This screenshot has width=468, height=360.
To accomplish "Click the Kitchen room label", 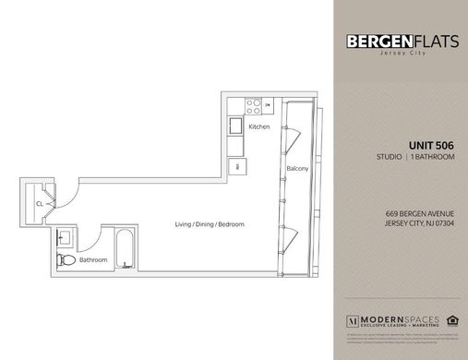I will point(259,126).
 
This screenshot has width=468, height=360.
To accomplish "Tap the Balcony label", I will point(297,169).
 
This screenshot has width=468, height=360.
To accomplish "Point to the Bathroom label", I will point(93,260).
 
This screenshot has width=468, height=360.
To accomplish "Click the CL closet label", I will point(40,200).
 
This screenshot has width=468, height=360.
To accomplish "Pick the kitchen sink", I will point(234,127).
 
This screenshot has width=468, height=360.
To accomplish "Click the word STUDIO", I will point(380,158).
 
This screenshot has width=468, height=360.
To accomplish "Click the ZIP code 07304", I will point(443,223).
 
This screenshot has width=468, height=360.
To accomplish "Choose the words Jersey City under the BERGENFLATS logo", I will point(399,54).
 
